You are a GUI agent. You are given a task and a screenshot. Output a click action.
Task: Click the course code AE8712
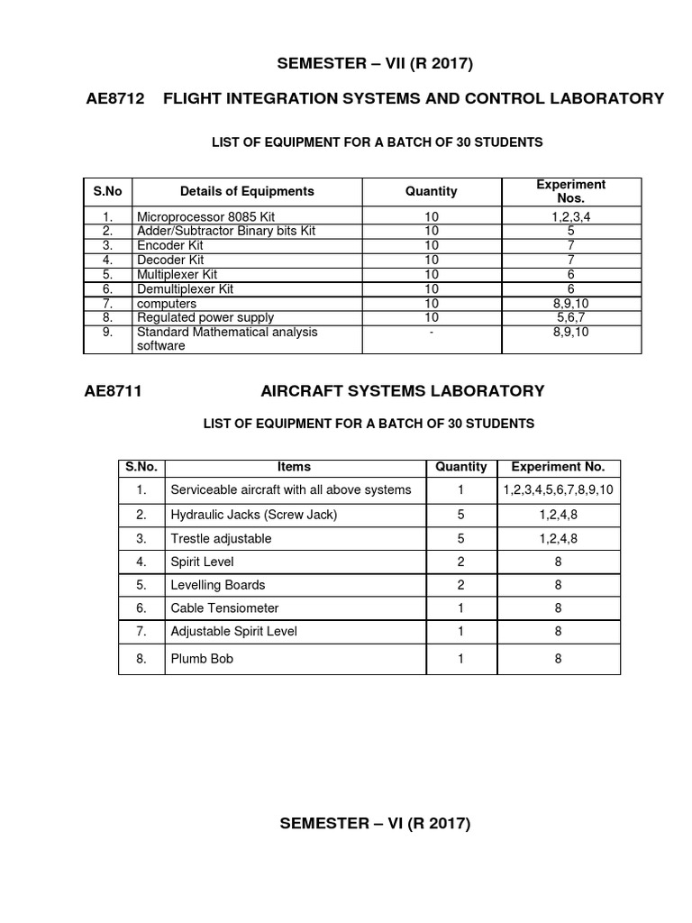click(114, 98)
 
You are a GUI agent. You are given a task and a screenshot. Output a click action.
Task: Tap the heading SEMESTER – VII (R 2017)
click(375, 63)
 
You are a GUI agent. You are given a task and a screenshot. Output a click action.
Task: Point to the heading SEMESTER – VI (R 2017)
click(375, 824)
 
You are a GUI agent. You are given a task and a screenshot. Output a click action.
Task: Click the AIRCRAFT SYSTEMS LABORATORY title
click(402, 390)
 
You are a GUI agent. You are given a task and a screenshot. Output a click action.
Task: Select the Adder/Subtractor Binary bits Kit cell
click(226, 231)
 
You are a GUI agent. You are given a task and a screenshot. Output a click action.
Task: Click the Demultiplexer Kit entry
click(185, 288)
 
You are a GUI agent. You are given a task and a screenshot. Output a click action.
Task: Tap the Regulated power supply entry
click(205, 317)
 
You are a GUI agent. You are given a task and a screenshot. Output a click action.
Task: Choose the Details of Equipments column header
click(247, 191)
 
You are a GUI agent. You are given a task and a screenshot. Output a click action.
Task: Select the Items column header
click(295, 467)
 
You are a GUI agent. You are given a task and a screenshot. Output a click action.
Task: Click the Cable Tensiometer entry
click(224, 608)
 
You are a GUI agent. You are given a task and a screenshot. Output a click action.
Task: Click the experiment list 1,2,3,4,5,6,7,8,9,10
click(558, 489)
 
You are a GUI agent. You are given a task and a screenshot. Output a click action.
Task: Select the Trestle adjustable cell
click(221, 538)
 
